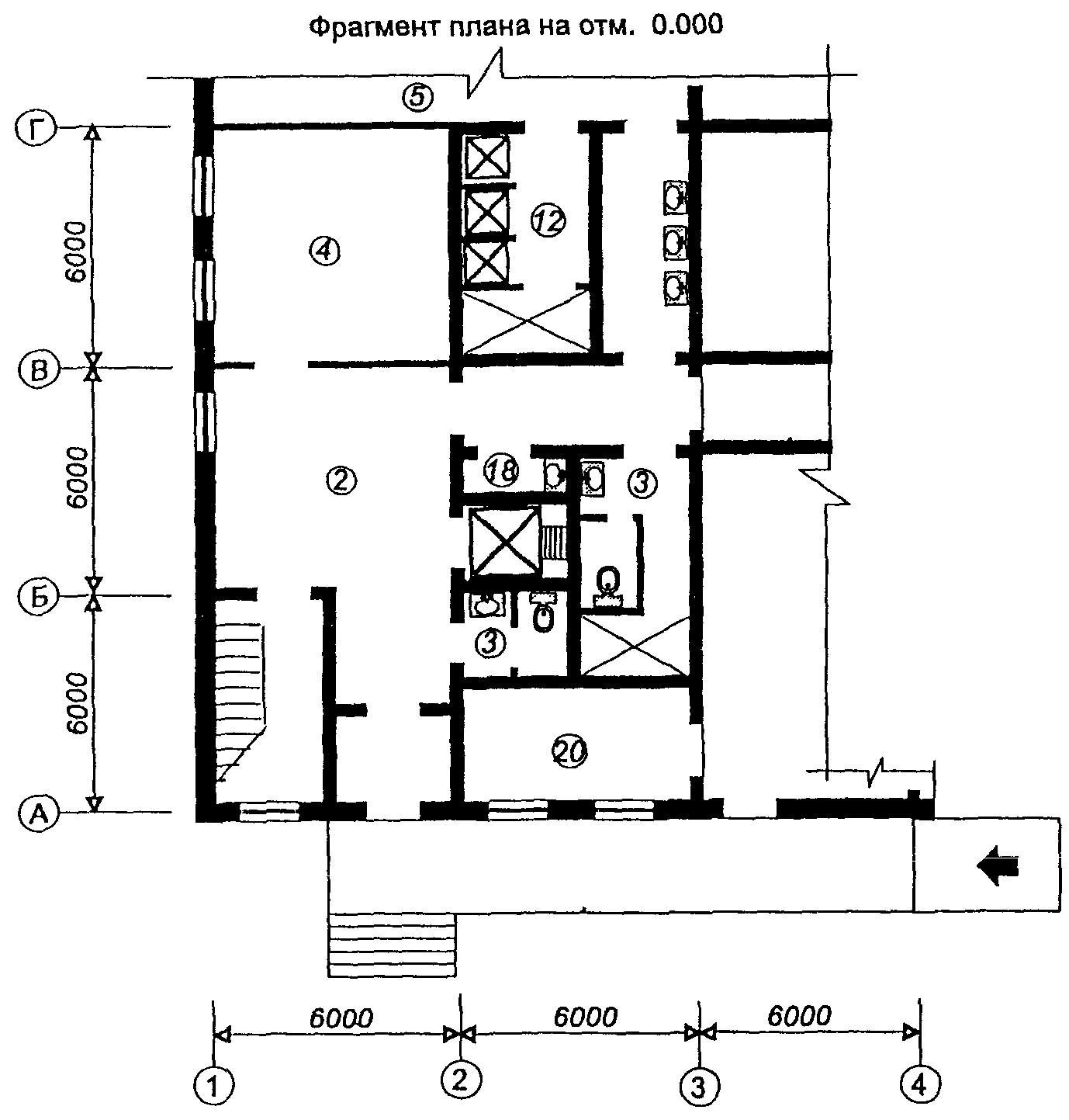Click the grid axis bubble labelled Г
coord(35,129)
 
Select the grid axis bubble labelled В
coord(38,369)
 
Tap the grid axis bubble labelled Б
coord(38,597)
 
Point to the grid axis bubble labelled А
coord(38,813)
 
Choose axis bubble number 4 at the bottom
coord(919,1084)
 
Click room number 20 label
coord(569,751)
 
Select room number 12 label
coord(548,220)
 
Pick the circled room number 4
coord(324,251)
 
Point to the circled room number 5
coord(417,96)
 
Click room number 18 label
coord(501,470)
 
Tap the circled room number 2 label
coord(341,480)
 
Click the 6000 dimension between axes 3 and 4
coord(799,1017)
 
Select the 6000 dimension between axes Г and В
coord(76,251)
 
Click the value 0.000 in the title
coord(687,25)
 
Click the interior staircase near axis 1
coord(241,702)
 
